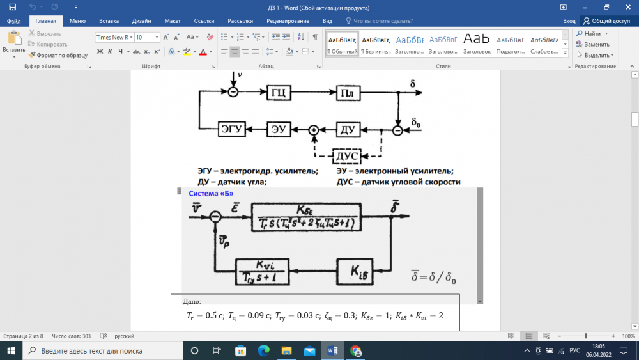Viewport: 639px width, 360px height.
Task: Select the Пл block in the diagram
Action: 347,93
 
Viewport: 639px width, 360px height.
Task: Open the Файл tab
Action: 13,21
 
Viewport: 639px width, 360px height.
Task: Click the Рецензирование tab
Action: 288,21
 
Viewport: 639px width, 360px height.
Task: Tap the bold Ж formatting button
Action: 100,52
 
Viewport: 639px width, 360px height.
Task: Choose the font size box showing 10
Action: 147,38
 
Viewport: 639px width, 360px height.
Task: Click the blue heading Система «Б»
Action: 208,194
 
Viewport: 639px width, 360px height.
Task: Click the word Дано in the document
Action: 192,301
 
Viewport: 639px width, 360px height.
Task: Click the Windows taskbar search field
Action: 102,351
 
